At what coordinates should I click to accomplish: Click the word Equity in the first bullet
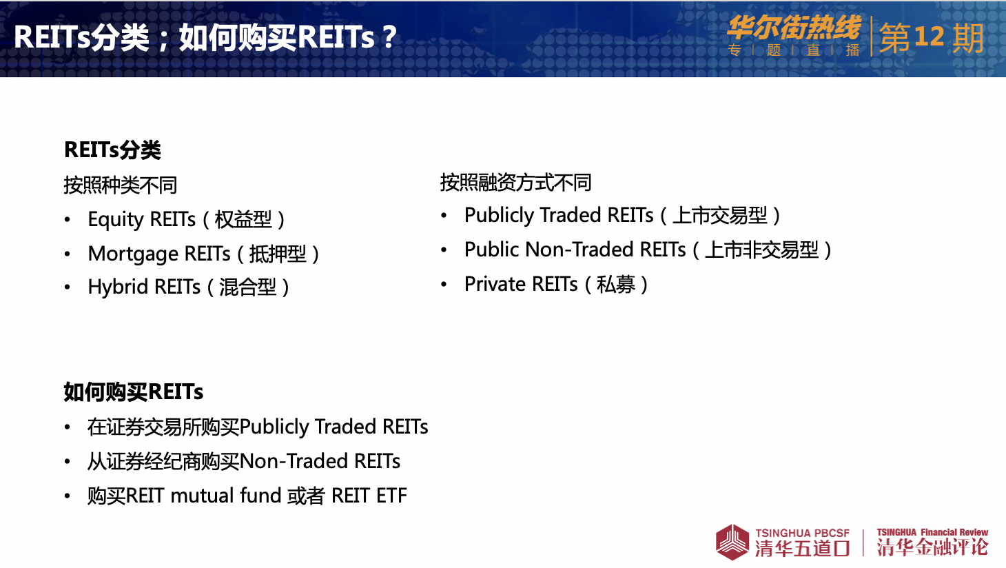point(115,220)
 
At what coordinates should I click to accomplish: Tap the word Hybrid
point(118,287)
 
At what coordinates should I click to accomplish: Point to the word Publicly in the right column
point(498,216)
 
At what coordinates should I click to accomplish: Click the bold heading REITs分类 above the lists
point(112,150)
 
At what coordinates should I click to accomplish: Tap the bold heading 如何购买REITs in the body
point(134,392)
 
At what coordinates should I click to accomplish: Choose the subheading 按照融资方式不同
point(515,183)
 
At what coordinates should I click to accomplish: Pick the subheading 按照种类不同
point(121,185)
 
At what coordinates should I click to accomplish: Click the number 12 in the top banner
point(929,37)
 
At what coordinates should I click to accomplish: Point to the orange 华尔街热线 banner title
point(794,28)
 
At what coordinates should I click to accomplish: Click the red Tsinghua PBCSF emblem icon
point(732,542)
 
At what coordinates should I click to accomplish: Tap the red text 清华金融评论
point(932,547)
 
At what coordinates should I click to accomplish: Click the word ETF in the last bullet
point(391,496)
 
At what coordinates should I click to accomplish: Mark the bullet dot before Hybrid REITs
point(68,287)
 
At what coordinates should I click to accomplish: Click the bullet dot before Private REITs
point(444,285)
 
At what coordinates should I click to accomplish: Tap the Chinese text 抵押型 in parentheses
point(278,254)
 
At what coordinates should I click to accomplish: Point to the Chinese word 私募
point(615,285)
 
